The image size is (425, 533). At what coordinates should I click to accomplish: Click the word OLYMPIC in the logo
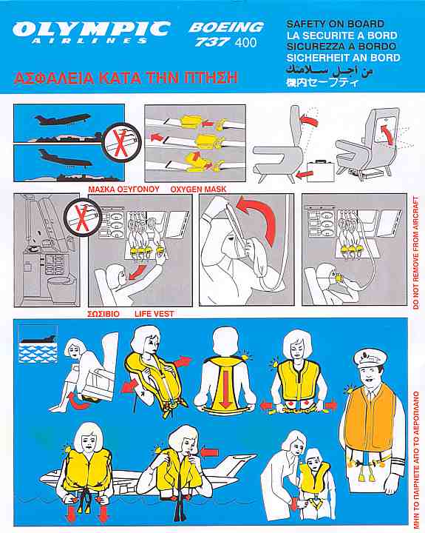91,29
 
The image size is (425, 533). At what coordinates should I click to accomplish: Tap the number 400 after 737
245,43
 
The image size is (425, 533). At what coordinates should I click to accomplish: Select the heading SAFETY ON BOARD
336,24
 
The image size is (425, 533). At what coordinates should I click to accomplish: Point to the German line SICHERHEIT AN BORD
343,58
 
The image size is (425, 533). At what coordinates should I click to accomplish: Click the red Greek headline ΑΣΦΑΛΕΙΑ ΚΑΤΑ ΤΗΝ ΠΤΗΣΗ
125,78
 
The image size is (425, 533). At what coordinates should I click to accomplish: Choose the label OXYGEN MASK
198,189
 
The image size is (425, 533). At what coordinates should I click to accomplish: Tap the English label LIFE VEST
154,314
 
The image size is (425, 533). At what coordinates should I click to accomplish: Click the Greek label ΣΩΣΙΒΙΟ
103,314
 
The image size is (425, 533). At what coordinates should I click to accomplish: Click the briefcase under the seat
321,171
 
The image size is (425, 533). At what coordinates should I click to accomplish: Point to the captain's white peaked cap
370,358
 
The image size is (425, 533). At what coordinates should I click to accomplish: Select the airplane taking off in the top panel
63,119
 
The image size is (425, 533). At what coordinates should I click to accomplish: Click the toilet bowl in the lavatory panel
62,286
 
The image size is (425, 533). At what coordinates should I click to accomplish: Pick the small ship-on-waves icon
38,344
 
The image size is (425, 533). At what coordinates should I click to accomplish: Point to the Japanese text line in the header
322,83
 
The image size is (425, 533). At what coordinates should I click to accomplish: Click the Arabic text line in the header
329,70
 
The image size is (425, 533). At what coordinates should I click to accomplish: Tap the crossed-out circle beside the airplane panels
121,142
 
